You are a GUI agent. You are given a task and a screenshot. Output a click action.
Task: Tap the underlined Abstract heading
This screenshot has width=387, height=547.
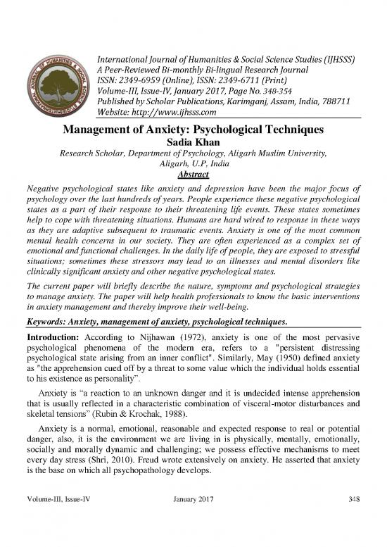(193, 174)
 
